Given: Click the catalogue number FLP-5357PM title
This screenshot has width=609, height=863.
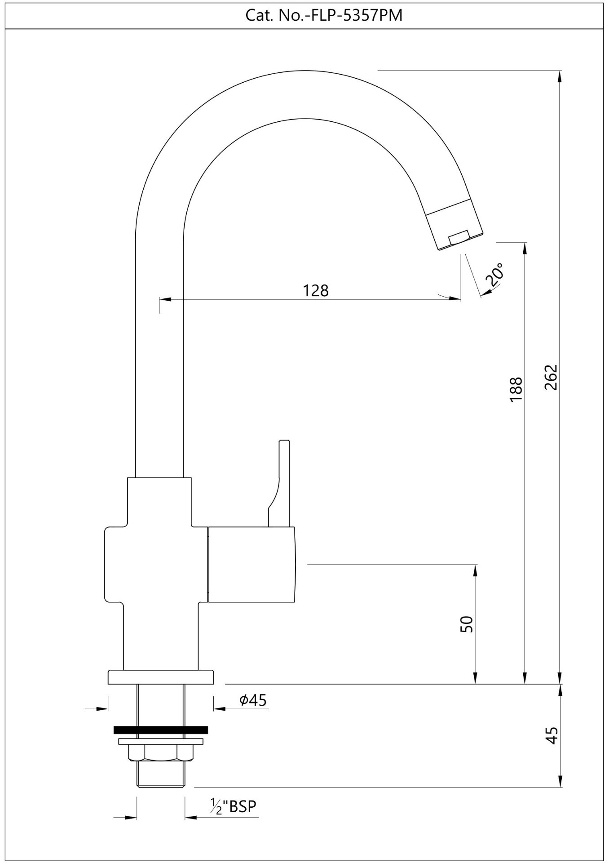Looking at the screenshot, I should click(x=323, y=15).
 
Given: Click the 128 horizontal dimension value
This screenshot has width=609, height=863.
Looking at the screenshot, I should click(x=316, y=291).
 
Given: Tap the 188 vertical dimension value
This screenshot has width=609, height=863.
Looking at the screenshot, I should click(x=516, y=389).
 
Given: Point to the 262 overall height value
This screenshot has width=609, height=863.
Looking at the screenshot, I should click(x=551, y=377).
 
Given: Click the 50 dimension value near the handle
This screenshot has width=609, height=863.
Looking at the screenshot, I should click(x=467, y=624).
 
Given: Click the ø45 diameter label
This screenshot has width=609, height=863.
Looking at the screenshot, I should click(x=253, y=700).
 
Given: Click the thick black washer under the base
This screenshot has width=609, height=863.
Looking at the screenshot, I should click(x=161, y=730).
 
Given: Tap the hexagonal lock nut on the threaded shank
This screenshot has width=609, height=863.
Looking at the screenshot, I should click(x=161, y=752).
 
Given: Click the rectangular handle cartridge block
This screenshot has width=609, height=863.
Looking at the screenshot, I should click(x=252, y=564).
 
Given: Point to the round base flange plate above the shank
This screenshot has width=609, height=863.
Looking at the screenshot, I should click(x=161, y=677).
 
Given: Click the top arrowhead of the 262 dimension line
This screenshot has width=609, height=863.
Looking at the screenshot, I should click(x=559, y=76).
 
